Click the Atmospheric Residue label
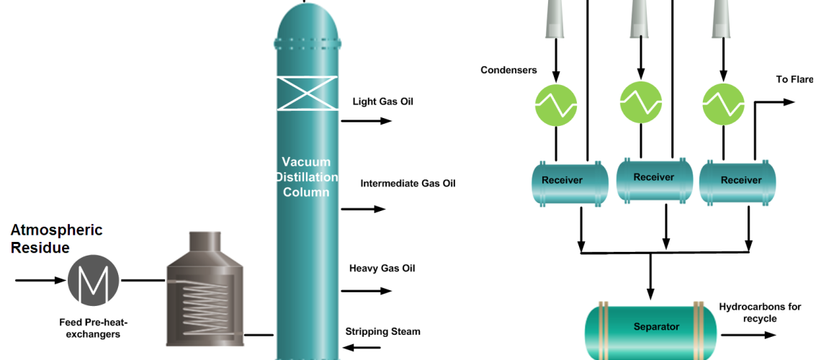tap(56, 239)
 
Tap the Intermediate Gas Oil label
tap(408, 184)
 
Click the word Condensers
tap(509, 70)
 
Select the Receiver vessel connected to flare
tap(740, 182)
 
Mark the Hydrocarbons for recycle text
tap(760, 312)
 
